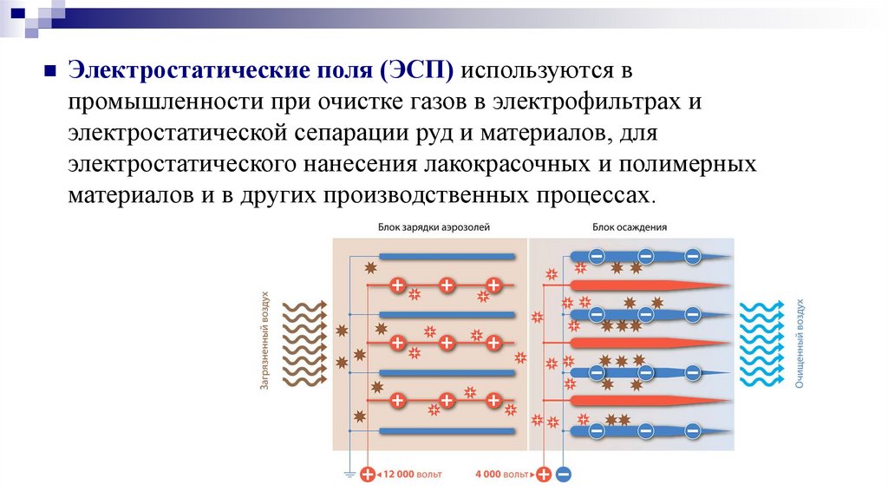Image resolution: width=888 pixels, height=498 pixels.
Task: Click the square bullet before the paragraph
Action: (x=49, y=70)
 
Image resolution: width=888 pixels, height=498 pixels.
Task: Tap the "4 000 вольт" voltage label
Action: (x=503, y=475)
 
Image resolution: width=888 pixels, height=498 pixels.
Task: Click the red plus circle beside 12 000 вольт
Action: (x=368, y=475)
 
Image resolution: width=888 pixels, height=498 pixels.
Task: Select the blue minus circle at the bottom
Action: (x=564, y=475)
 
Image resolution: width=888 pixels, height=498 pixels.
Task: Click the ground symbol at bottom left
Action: (x=349, y=475)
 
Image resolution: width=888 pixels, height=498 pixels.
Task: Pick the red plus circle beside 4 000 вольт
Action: (x=544, y=475)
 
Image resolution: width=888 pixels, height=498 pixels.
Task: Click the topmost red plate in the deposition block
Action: (x=646, y=285)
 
